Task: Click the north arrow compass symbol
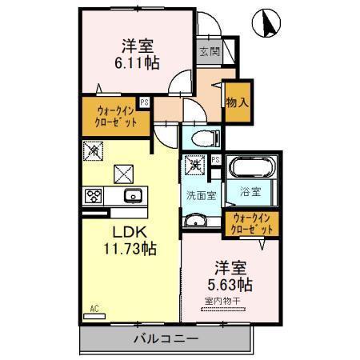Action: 266,23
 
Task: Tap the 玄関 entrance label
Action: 210,51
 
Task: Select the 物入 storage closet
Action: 238,102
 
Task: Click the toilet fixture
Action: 206,138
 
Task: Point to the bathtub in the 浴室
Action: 251,167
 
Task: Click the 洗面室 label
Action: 201,196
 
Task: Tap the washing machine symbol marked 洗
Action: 195,166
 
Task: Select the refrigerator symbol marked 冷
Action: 93,151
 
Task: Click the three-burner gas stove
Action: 94,196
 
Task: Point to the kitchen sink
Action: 134,196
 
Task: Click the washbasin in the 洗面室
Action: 196,220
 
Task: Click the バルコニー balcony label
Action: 166,339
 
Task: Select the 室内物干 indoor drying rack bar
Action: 223,310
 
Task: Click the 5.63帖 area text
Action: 230,285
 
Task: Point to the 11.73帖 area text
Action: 130,249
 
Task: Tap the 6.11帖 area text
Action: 137,63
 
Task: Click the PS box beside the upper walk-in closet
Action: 145,102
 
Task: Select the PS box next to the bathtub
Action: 216,160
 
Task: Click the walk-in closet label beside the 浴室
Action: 251,224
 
